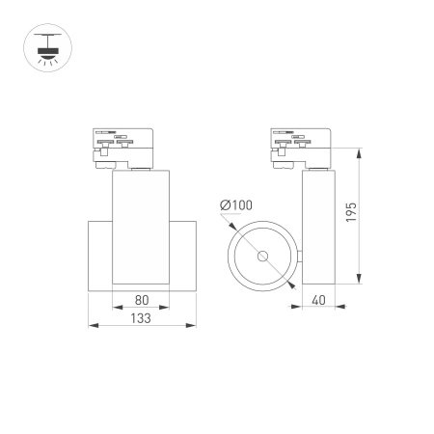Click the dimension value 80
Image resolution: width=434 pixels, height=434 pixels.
click(x=141, y=300)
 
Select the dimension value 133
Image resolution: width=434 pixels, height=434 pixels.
click(x=141, y=317)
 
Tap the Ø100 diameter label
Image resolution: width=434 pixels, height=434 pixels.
click(x=235, y=205)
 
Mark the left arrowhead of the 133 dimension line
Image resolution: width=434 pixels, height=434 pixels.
click(x=91, y=325)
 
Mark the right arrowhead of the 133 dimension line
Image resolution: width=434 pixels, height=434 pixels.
click(x=193, y=325)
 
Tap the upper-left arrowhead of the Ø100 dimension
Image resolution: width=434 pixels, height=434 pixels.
click(x=234, y=228)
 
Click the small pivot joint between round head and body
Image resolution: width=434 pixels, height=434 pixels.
click(x=301, y=257)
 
